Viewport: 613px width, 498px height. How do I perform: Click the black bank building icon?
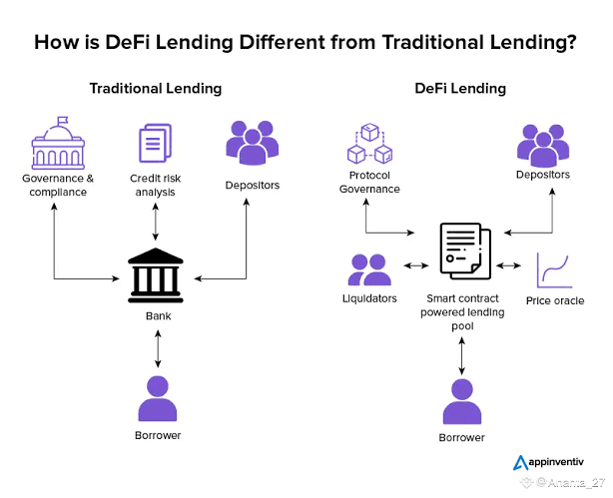pyautogui.click(x=156, y=275)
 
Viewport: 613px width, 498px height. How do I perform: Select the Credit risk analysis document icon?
pyautogui.click(x=155, y=143)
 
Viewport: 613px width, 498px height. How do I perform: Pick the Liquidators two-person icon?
pyautogui.click(x=369, y=269)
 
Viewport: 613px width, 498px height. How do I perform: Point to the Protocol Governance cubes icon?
pyautogui.click(x=369, y=144)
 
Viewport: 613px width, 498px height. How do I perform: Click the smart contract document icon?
pyautogui.click(x=465, y=250)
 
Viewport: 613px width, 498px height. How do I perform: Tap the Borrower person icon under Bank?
pyautogui.click(x=158, y=399)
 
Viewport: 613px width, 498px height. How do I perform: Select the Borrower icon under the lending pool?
pyautogui.click(x=462, y=402)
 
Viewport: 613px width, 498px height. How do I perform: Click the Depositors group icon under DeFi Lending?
pyautogui.click(x=543, y=146)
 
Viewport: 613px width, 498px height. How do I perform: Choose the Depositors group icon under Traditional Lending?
pyautogui.click(x=253, y=143)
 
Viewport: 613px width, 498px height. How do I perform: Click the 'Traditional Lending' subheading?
pyautogui.click(x=156, y=89)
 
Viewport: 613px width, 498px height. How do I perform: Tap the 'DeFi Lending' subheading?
pyautogui.click(x=460, y=89)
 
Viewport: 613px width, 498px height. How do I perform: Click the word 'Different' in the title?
pyautogui.click(x=283, y=42)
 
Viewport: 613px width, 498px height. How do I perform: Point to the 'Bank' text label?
pyautogui.click(x=159, y=315)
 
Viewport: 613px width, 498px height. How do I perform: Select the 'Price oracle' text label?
pyautogui.click(x=555, y=300)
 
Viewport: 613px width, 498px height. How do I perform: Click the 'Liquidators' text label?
pyautogui.click(x=369, y=298)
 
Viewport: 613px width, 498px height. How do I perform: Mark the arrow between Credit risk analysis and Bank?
pyautogui.click(x=155, y=222)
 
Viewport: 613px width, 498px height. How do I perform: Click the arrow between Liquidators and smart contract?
pyautogui.click(x=416, y=265)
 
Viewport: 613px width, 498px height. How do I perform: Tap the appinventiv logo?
pyautogui.click(x=548, y=462)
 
